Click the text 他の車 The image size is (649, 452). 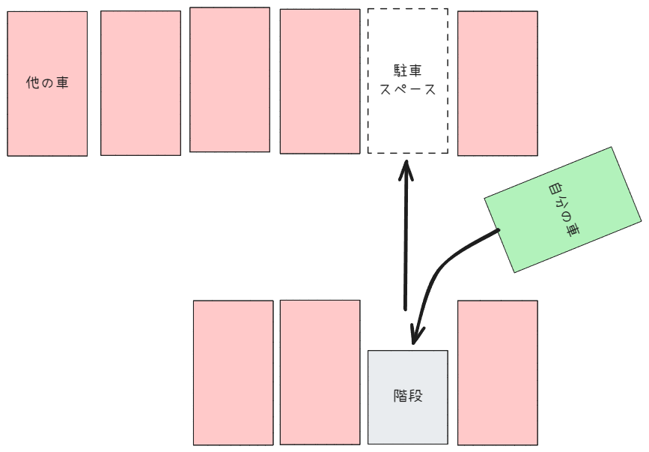tap(47, 82)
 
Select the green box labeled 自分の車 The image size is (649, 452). tap(562, 210)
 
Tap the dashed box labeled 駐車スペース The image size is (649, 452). tap(408, 81)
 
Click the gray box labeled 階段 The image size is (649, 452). tap(408, 397)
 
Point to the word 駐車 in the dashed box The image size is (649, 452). tap(408, 71)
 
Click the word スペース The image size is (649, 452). tap(408, 89)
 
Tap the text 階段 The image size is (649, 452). tap(408, 396)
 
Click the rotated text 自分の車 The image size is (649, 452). tap(564, 209)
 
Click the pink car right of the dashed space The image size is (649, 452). tap(498, 83)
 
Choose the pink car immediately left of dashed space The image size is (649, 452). tap(320, 81)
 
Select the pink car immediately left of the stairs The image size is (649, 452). tap(320, 372)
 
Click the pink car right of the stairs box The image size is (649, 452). tap(498, 373)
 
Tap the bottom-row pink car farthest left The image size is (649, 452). tap(233, 373)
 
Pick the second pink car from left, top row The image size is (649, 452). tap(140, 83)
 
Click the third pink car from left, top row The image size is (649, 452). tap(230, 79)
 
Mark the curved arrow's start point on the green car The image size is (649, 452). tap(499, 230)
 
